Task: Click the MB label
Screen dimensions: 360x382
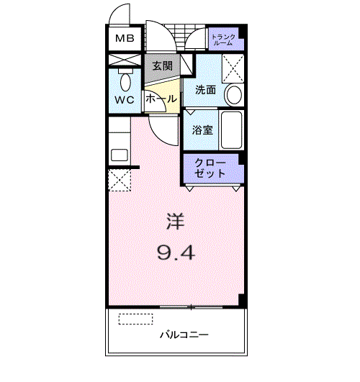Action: click(125, 39)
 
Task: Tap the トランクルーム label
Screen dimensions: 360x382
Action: click(223, 40)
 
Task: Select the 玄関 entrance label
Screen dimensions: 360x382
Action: click(162, 65)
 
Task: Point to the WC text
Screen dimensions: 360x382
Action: click(125, 100)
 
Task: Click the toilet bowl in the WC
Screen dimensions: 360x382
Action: click(125, 82)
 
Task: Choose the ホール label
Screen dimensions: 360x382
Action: click(161, 99)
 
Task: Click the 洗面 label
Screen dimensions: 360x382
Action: click(205, 90)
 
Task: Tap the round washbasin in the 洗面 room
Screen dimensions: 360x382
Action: click(235, 95)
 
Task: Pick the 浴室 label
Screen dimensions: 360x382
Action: click(202, 129)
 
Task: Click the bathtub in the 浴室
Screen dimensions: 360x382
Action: click(232, 129)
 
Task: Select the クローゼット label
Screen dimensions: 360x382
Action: click(210, 168)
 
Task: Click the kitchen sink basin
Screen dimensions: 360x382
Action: click(120, 155)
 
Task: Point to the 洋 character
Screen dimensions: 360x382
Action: click(176, 221)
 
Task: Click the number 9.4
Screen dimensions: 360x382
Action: click(176, 253)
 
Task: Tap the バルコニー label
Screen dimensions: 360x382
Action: click(184, 335)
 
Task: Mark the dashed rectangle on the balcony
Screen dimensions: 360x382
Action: click(135, 319)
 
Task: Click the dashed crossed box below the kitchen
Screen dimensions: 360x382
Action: click(120, 180)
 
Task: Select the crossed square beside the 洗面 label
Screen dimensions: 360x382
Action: click(233, 68)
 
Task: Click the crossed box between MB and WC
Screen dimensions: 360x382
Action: click(125, 60)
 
